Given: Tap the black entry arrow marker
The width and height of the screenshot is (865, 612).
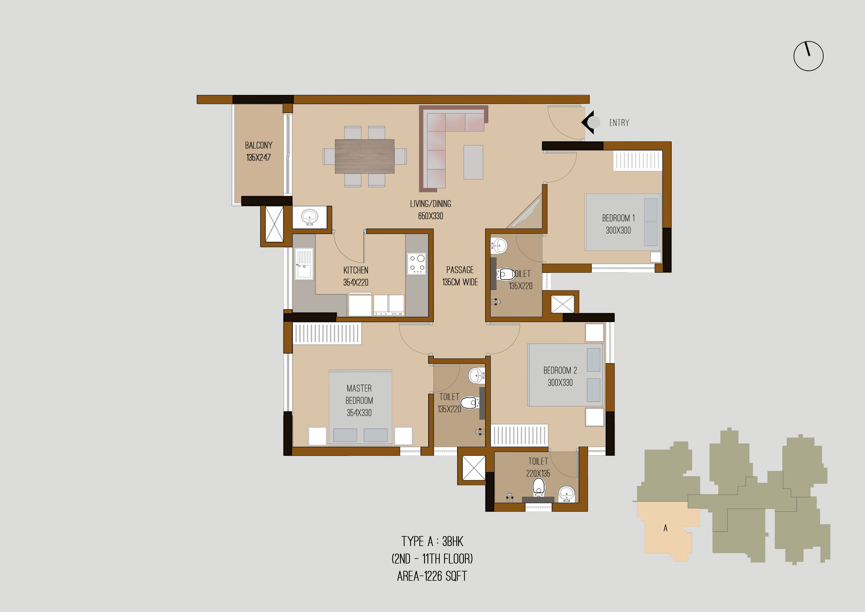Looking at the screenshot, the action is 588,122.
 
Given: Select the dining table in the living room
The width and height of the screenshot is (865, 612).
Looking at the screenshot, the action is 365,156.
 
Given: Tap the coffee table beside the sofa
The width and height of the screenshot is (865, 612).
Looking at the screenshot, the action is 473,162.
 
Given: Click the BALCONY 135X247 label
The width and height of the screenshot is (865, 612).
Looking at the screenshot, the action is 258,151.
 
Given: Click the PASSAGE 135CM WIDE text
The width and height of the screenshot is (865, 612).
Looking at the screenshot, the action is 460,276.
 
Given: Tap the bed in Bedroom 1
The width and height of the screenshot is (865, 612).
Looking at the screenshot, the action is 622,222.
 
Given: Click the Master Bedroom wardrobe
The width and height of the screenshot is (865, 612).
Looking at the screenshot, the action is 327,334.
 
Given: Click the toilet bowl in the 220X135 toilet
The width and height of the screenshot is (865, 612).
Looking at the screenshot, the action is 539,487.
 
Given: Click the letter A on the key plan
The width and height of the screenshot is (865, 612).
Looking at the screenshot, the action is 665,528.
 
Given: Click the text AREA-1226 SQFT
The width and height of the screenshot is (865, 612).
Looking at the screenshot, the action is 432,576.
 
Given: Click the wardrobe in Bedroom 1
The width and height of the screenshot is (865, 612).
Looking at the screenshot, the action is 637,161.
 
